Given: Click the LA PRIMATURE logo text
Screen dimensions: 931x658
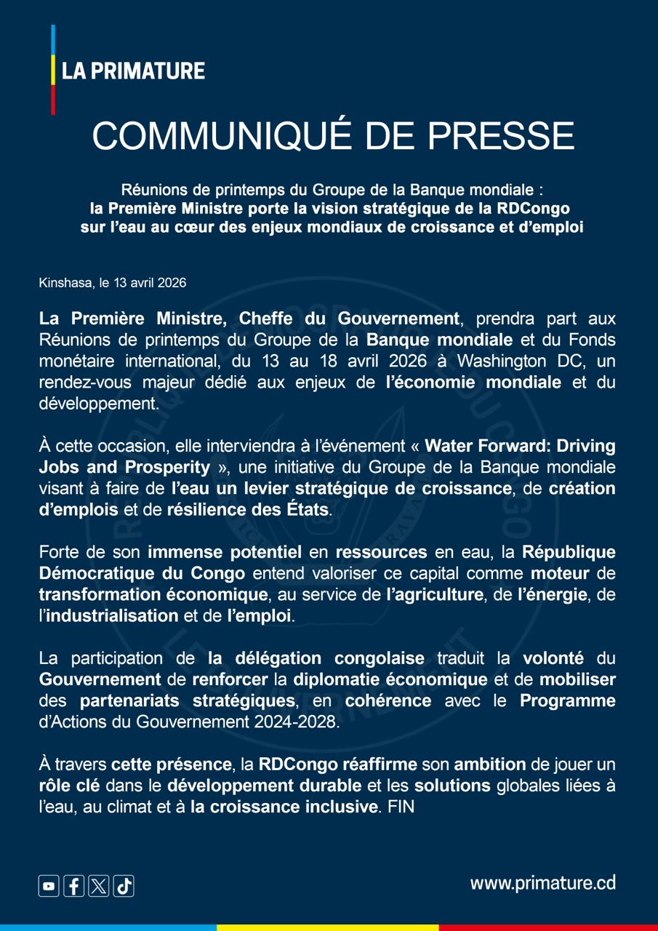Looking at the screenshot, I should (133, 71).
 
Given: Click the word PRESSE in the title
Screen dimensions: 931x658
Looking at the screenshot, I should (501, 136).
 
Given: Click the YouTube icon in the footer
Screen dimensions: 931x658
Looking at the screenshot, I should (49, 886).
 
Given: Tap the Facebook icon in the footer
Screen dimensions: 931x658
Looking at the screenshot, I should (73, 886).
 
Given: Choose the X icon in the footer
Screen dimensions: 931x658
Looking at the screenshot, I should (99, 886).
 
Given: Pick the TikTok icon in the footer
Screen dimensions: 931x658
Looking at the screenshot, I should (124, 886).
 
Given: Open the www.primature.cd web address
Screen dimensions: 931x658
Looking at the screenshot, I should (542, 883).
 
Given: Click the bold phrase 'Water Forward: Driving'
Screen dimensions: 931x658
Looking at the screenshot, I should (520, 446).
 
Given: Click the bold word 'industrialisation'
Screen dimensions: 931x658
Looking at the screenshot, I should (113, 616).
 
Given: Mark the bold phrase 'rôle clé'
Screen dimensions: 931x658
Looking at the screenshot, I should (70, 786).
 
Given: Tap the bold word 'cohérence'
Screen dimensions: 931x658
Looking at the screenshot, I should (388, 701).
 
